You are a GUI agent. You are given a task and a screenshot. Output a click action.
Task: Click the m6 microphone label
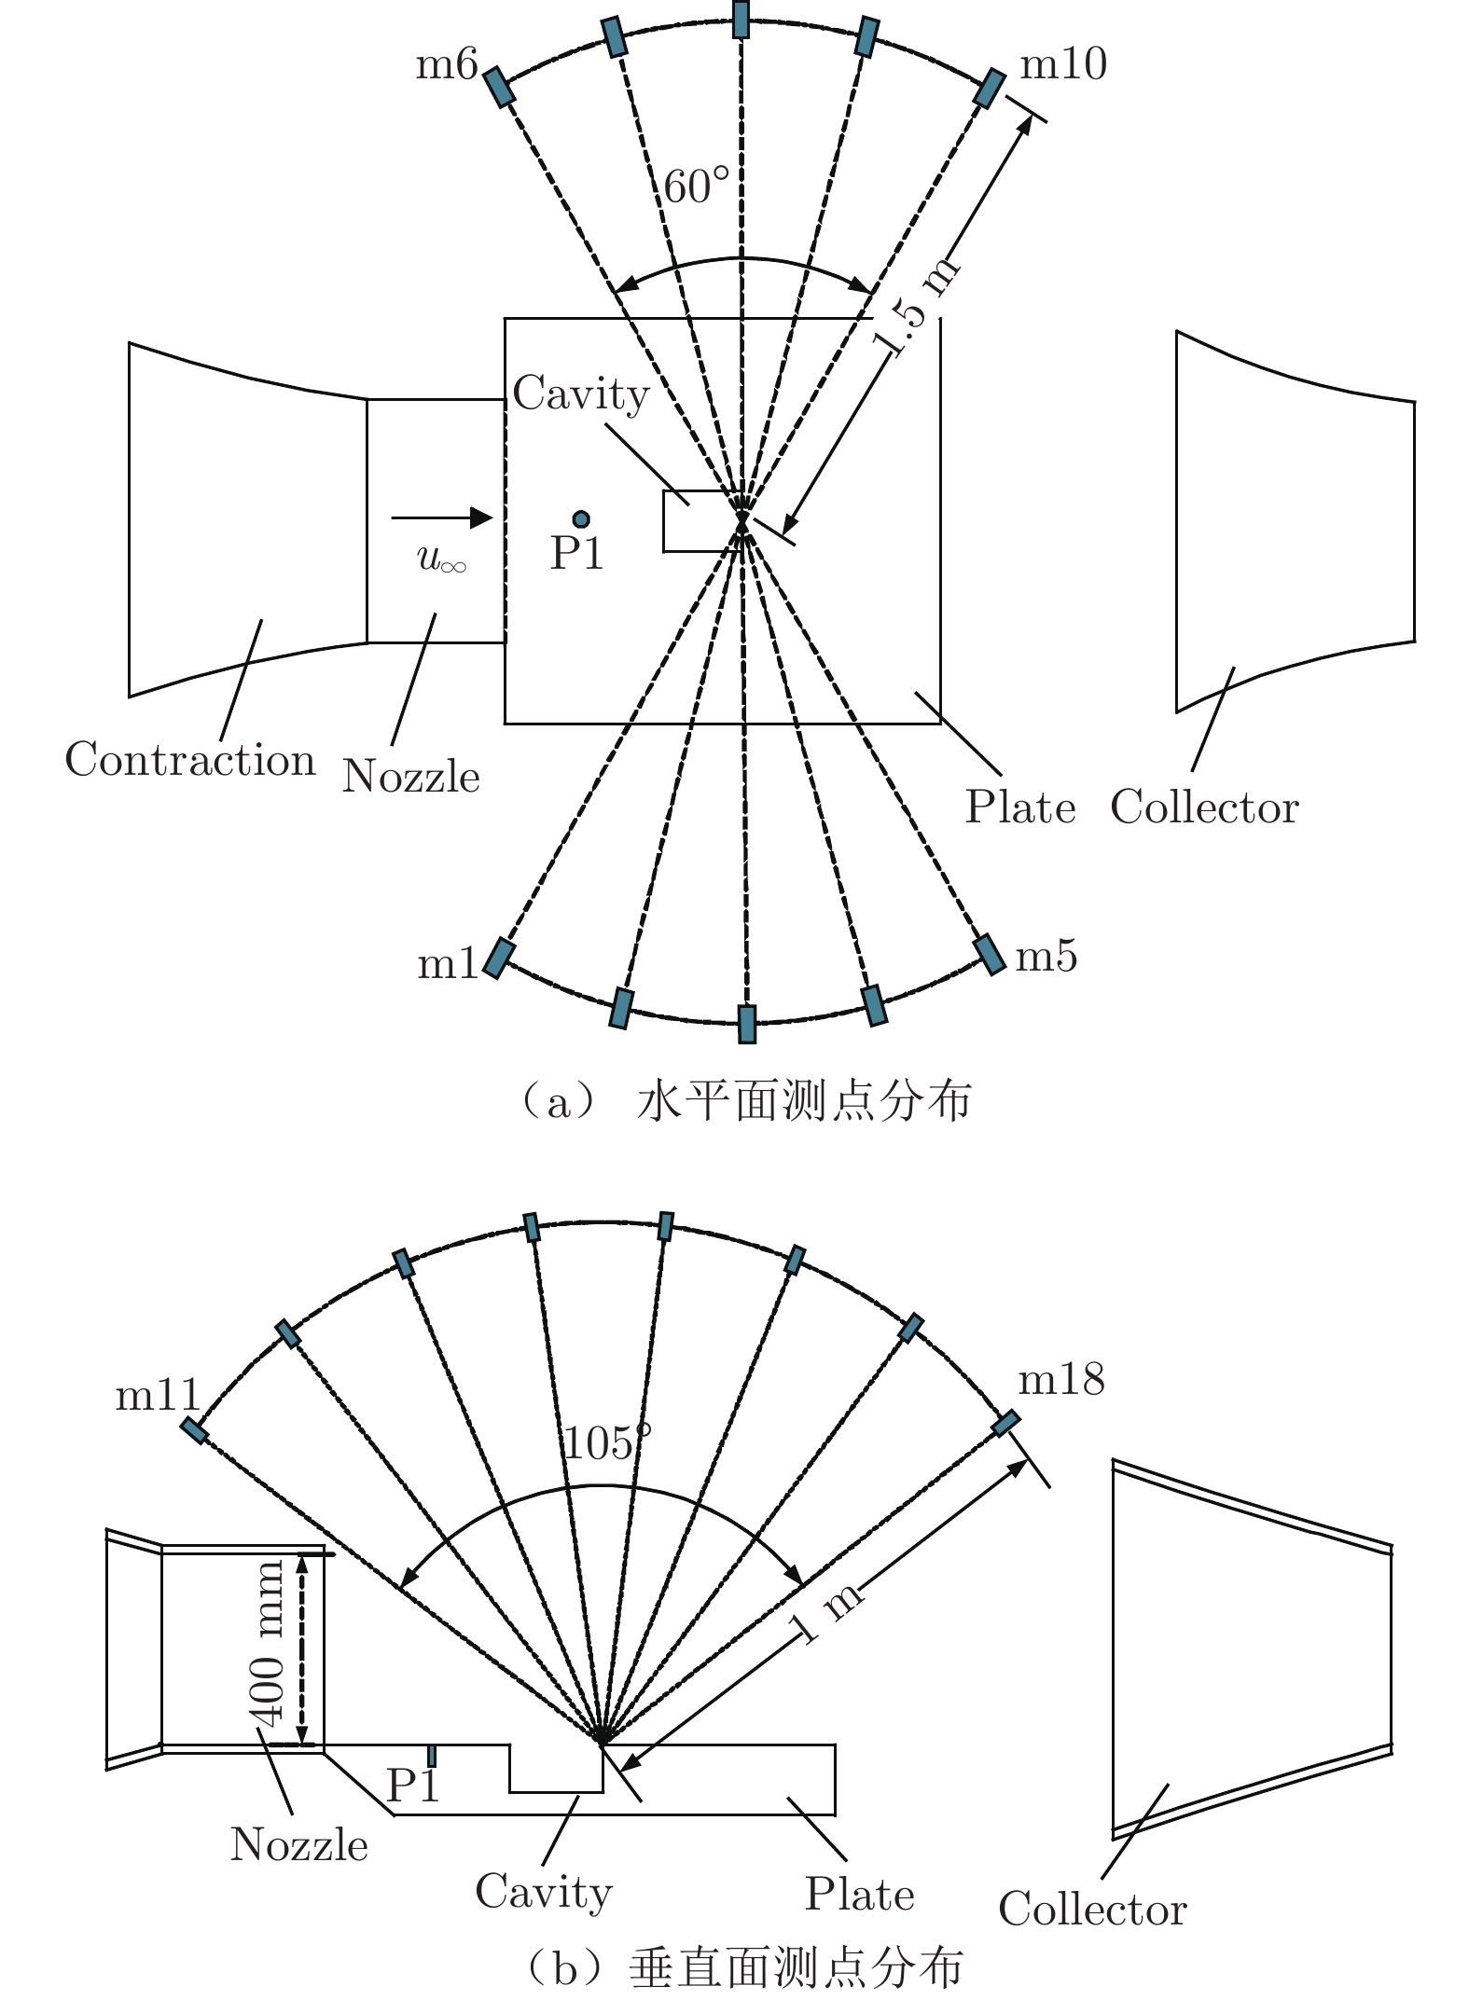(x=447, y=65)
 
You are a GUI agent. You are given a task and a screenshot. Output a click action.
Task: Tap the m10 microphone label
(x=1063, y=64)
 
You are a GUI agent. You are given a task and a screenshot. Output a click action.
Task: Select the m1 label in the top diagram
(x=448, y=963)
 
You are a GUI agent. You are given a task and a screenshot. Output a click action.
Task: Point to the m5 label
(x=1046, y=957)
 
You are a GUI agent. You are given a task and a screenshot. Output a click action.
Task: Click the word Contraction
(x=190, y=759)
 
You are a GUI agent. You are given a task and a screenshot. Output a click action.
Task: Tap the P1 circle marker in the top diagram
(x=581, y=518)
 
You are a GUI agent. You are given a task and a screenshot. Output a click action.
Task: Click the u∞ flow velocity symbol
(x=441, y=559)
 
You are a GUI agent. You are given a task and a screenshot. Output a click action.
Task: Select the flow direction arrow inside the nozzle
(x=442, y=517)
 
